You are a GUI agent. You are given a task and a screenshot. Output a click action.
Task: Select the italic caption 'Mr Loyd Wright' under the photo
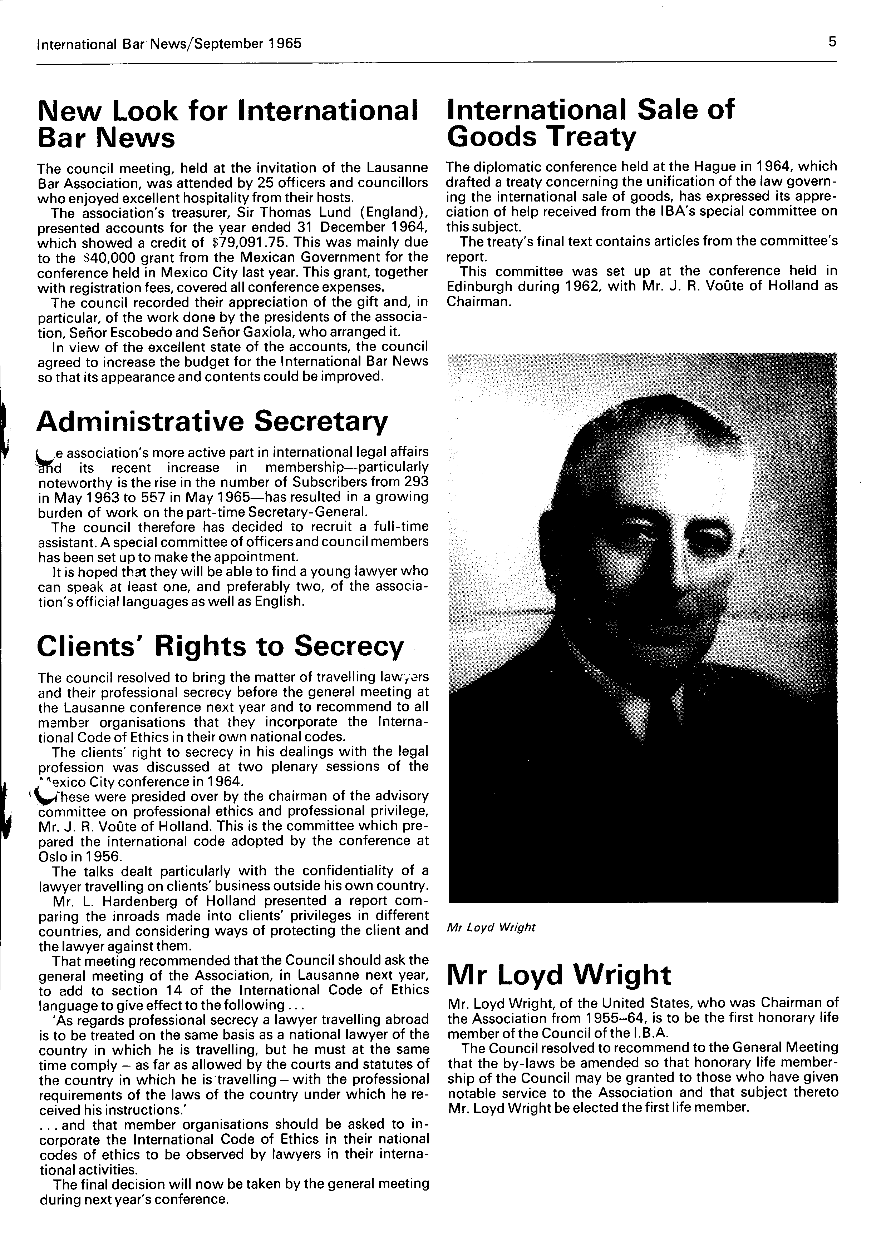point(491,928)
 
